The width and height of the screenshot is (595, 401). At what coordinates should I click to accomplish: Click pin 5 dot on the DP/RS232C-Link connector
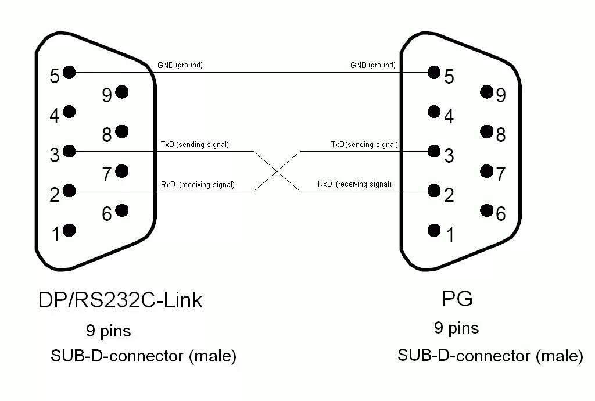pyautogui.click(x=69, y=72)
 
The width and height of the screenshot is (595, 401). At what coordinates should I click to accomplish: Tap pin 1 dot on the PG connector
pyautogui.click(x=433, y=230)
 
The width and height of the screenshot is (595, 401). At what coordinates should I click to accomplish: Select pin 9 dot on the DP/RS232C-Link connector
pyautogui.click(x=121, y=92)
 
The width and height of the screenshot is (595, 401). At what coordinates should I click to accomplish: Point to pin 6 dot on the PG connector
pyautogui.click(x=487, y=210)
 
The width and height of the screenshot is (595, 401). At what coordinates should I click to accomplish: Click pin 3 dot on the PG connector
pyautogui.click(x=433, y=152)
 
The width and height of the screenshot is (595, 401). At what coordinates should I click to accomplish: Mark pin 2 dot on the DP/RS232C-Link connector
pyautogui.click(x=69, y=191)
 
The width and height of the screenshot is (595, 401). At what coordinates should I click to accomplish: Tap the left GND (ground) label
pyautogui.click(x=180, y=65)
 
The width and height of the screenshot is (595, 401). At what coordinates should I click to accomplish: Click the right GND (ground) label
pyautogui.click(x=372, y=65)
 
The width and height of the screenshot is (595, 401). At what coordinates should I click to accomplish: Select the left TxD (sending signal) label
pyautogui.click(x=195, y=144)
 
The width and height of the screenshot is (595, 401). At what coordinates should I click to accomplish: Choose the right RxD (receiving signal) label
pyautogui.click(x=354, y=184)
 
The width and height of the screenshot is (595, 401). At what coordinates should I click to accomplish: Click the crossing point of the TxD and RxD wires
pyautogui.click(x=277, y=171)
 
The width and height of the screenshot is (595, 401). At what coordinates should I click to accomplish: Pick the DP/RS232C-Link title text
pyautogui.click(x=120, y=300)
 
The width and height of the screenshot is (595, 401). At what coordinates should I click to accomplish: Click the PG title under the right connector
pyautogui.click(x=457, y=299)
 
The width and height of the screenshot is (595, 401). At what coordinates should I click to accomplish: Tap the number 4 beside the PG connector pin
pyautogui.click(x=449, y=116)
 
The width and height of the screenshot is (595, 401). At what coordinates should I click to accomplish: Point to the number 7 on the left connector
pyautogui.click(x=106, y=174)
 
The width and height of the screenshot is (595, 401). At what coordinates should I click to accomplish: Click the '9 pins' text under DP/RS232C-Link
pyautogui.click(x=109, y=331)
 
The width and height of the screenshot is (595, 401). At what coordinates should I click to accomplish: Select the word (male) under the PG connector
pyautogui.click(x=559, y=355)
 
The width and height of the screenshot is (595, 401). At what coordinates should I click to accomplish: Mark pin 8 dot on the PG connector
pyautogui.click(x=487, y=131)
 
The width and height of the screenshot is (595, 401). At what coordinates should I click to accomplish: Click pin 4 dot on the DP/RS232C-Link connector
pyautogui.click(x=69, y=112)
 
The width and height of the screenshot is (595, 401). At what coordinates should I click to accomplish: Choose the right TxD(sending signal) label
pyautogui.click(x=364, y=144)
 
